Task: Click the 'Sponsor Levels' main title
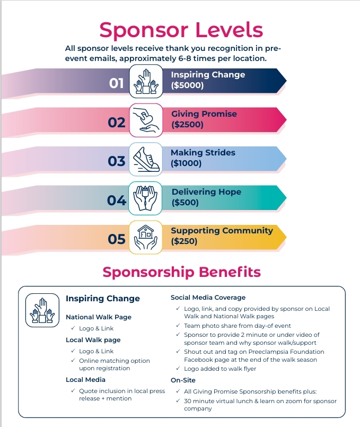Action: pyautogui.click(x=181, y=30)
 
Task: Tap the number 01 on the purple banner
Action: pyautogui.click(x=117, y=83)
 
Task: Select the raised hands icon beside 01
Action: pyautogui.click(x=146, y=81)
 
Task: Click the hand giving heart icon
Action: pyautogui.click(x=146, y=120)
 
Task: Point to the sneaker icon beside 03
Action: pyautogui.click(x=146, y=159)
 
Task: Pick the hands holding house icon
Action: pyautogui.click(x=146, y=237)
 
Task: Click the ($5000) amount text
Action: pyautogui.click(x=187, y=85)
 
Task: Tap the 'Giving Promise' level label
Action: pyautogui.click(x=204, y=114)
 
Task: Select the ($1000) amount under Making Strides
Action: pyautogui.click(x=186, y=163)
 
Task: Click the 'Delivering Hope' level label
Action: pyautogui.click(x=206, y=191)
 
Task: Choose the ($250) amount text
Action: pyautogui.click(x=184, y=241)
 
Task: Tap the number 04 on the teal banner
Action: pyautogui.click(x=117, y=201)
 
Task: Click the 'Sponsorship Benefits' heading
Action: pyautogui.click(x=181, y=272)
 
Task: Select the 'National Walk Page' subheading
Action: pyautogui.click(x=99, y=317)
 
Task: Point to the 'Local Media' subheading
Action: pyautogui.click(x=85, y=380)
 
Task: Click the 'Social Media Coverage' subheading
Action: pyautogui.click(x=208, y=298)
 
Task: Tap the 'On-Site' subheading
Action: pyautogui.click(x=183, y=380)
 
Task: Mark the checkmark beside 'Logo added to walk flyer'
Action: pyautogui.click(x=178, y=368)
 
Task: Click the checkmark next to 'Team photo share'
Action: pyautogui.click(x=178, y=325)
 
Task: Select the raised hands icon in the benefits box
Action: pyautogui.click(x=42, y=310)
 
